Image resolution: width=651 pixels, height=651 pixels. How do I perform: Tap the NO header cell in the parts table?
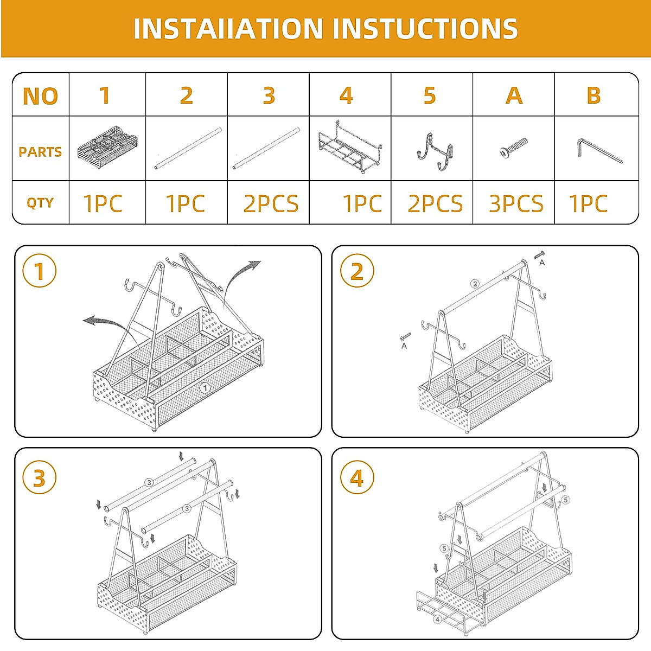click(40, 96)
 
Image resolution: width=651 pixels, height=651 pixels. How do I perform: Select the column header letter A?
click(514, 95)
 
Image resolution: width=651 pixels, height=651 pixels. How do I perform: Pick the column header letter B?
click(593, 95)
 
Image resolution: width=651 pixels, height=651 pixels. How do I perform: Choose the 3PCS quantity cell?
click(515, 204)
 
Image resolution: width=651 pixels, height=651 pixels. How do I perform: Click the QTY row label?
click(40, 203)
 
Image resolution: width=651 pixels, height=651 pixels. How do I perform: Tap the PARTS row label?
click(40, 152)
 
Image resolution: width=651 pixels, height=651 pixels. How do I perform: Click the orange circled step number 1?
click(39, 271)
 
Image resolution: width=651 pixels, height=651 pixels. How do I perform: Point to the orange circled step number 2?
click(356, 271)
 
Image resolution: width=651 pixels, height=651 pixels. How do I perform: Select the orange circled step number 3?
click(39, 478)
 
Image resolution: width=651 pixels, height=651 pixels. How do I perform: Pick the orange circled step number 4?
click(356, 478)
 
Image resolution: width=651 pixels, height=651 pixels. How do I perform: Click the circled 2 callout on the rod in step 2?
click(475, 284)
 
